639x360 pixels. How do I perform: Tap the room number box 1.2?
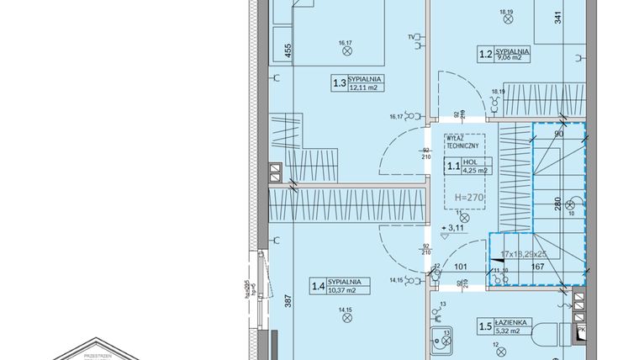coord(485,56)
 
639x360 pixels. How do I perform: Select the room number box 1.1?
coord(453,167)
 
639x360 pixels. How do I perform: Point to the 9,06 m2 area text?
coord(512,59)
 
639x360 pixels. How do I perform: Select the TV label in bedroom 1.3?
coord(411,38)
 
